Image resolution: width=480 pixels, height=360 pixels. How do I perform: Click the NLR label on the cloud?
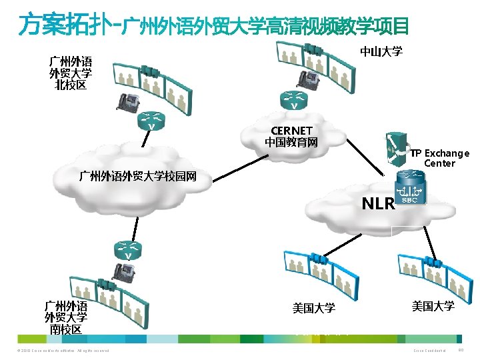coord(378,203)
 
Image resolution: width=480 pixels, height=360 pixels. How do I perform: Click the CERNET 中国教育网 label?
coord(291,136)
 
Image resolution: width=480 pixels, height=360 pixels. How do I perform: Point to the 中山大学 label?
coord(381,51)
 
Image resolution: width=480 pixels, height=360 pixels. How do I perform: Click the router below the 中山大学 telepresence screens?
coord(293,100)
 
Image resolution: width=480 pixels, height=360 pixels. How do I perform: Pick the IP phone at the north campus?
coord(127,100)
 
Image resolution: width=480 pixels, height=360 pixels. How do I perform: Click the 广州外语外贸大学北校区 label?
coord(70,73)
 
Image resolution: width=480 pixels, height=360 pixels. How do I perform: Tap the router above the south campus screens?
coord(126,251)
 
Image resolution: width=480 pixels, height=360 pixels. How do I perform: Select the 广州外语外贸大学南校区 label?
coord(66,318)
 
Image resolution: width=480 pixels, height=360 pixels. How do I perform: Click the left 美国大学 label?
coord(313,308)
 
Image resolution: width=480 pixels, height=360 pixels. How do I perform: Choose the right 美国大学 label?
coord(433,306)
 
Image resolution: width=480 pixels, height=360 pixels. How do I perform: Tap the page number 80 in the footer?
coord(463,351)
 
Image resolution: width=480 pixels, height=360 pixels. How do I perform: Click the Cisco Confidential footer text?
coord(429,351)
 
